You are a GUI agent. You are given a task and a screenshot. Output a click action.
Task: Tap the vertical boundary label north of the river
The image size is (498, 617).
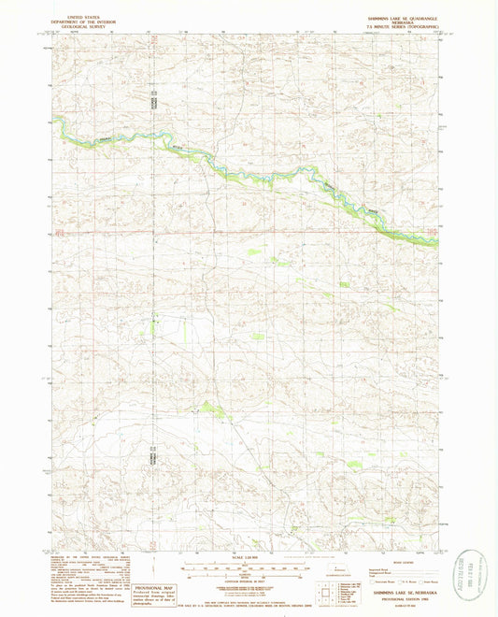(156, 100)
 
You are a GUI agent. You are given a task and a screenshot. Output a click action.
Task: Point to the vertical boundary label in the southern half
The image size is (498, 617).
(154, 461)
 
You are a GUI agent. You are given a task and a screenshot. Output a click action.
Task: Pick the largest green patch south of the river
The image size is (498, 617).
(207, 408)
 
